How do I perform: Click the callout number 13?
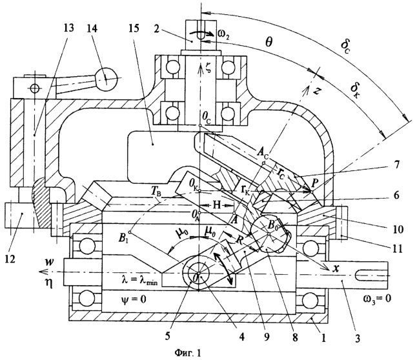click(68, 28)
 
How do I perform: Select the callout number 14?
click(91, 28)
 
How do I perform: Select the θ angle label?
click(269, 42)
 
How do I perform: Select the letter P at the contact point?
click(315, 183)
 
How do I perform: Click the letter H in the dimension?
click(217, 205)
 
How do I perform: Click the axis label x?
click(336, 268)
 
